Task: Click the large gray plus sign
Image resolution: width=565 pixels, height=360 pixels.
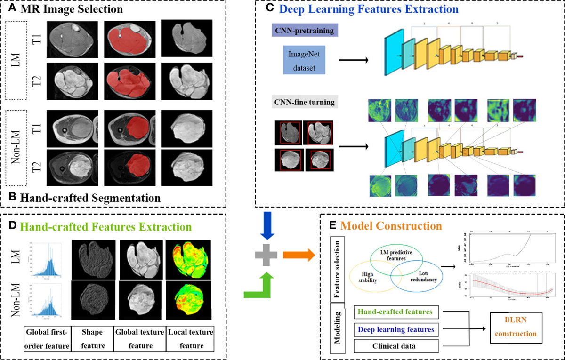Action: pos(264,256)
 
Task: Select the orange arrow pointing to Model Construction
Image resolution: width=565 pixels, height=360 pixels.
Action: pos(298,256)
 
